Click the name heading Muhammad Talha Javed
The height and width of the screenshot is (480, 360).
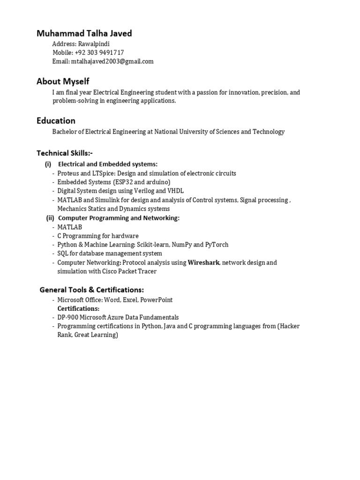(x=84, y=33)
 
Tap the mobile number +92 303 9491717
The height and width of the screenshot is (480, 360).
(x=99, y=52)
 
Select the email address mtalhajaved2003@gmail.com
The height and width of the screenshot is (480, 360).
(x=112, y=61)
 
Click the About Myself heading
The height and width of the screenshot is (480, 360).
(x=63, y=82)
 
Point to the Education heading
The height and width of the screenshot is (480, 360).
(x=56, y=120)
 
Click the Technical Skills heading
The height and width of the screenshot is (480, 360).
(x=68, y=153)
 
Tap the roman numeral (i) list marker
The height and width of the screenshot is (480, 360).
(x=48, y=164)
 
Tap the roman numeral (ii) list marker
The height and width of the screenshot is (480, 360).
(x=50, y=218)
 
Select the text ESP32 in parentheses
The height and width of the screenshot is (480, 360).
(x=124, y=182)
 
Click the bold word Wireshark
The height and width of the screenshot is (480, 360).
(x=203, y=262)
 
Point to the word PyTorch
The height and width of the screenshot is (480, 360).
(x=217, y=245)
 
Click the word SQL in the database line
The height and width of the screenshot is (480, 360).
(x=63, y=254)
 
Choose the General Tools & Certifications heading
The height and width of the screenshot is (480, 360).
(x=92, y=290)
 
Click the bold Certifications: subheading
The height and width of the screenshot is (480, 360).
(x=78, y=308)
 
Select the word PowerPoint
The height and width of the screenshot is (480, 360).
(x=157, y=300)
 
